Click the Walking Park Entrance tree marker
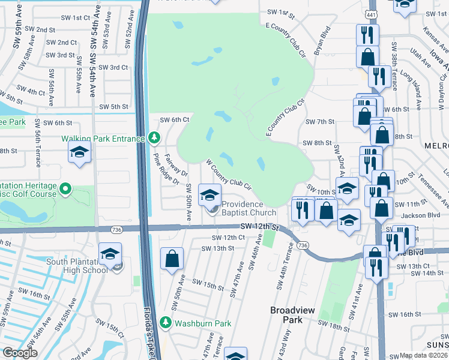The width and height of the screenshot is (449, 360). click(155, 139)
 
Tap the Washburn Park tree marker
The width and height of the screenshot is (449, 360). click(169, 323)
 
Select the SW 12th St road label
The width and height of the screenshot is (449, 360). click(260, 227)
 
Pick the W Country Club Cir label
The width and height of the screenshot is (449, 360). click(228, 174)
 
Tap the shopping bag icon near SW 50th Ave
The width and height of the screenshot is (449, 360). click(172, 259)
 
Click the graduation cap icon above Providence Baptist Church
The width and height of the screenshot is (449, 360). click(209, 195)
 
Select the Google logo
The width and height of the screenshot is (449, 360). click(20, 353)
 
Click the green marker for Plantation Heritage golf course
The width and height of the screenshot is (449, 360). click(65, 192)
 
